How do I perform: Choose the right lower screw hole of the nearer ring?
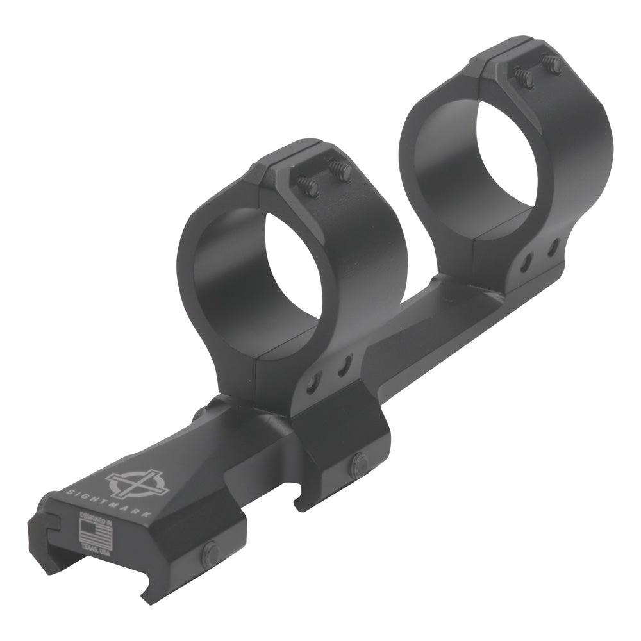pos(344,365)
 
